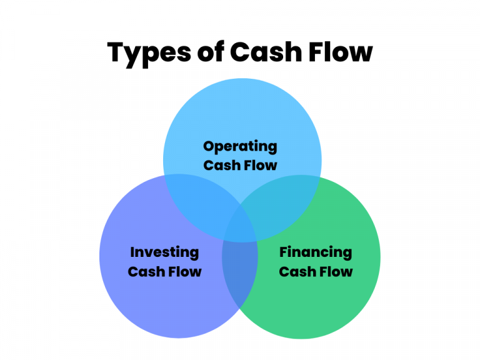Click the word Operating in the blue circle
click(x=240, y=147)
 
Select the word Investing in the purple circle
click(x=164, y=252)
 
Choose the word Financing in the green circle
click(x=316, y=252)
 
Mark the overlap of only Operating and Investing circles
click(x=197, y=200)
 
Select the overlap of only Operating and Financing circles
click(x=284, y=200)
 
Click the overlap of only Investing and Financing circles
click(x=240, y=275)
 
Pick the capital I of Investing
click(x=132, y=252)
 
